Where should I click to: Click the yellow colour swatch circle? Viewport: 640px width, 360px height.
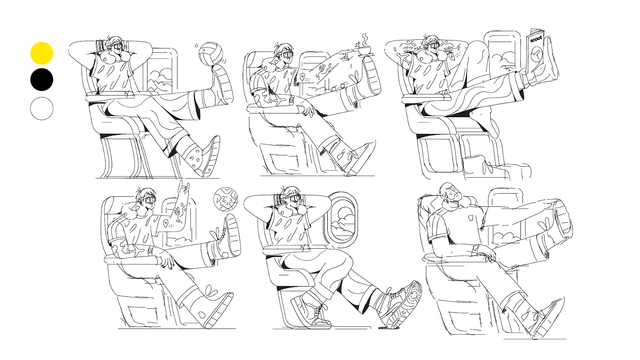42,53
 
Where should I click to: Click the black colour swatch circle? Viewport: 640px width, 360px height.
42,80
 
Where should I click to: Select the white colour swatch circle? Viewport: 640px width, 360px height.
42,108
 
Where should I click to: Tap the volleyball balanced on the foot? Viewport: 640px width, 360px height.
210,54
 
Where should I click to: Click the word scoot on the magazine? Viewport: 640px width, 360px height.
536,39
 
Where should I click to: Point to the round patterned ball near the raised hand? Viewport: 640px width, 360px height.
226,199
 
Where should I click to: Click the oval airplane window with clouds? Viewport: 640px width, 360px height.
342,220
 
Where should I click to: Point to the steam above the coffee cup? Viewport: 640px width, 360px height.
365,39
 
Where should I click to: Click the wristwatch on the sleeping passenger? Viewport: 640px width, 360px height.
476,248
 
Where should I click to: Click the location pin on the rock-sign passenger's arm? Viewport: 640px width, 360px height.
165,223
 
